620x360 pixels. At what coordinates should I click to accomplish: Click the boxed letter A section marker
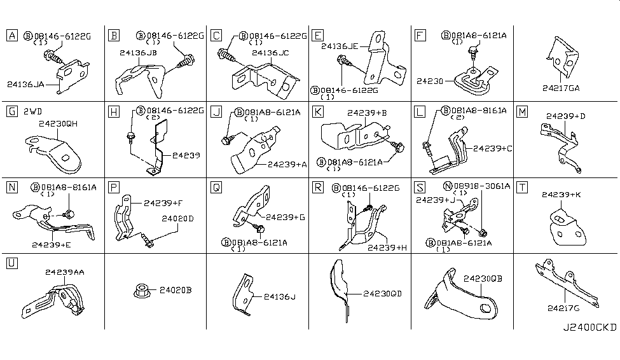click(12, 36)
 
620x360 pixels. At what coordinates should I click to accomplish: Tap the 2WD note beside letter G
click(35, 112)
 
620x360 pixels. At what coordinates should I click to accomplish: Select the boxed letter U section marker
click(12, 263)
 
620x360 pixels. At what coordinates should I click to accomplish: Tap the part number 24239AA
click(66, 272)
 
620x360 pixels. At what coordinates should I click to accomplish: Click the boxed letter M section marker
click(522, 112)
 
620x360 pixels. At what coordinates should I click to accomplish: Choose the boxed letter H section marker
click(114, 112)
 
